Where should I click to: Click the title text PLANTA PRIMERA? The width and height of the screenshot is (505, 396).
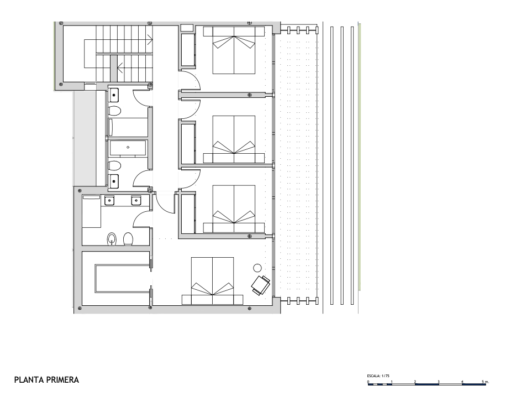tap(47, 380)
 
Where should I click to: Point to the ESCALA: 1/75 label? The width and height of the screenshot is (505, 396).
tap(378, 376)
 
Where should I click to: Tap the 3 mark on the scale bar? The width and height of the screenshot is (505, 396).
tap(438, 382)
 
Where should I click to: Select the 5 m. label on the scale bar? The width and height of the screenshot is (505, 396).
tap(485, 382)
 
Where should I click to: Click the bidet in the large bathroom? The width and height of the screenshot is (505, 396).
tap(112, 239)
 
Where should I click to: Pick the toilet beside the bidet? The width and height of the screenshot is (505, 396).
tap(128, 239)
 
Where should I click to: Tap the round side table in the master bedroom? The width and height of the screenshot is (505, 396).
tap(257, 268)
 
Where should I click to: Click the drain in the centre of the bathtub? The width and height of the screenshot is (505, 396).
tap(128, 147)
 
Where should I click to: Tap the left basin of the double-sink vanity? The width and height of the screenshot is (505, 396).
tap(109, 201)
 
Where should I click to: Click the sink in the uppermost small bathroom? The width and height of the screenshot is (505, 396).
tap(114, 95)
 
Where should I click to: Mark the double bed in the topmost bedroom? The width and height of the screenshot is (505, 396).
tap(234, 50)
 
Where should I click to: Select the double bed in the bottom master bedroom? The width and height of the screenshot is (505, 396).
tap(212, 281)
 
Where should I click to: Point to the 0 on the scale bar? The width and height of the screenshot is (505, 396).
tap(369, 382)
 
